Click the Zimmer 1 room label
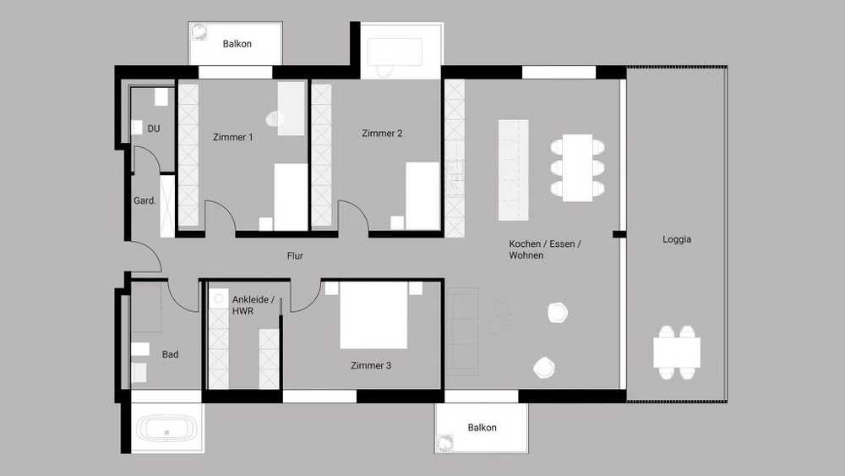(x=233, y=137)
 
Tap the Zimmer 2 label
(x=382, y=133)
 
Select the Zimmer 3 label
(x=371, y=365)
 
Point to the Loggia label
(x=677, y=239)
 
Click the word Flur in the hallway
(x=295, y=256)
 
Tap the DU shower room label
(x=154, y=129)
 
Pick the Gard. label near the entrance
(x=144, y=200)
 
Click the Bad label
(x=171, y=354)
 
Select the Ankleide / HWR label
(x=253, y=305)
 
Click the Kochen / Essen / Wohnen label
(x=545, y=249)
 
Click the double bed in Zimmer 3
(x=373, y=315)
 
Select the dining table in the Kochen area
(x=577, y=167)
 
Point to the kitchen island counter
(x=513, y=170)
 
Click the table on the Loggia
(x=677, y=353)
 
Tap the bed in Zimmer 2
(x=422, y=196)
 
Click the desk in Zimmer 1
(x=291, y=108)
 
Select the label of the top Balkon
(x=237, y=44)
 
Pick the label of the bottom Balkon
(x=482, y=428)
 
